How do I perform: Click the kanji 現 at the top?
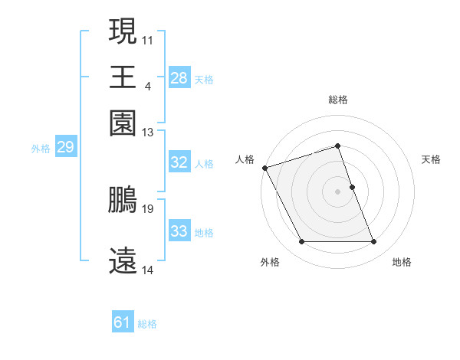(123, 33)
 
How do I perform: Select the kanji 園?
(123, 122)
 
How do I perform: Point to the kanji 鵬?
(123, 201)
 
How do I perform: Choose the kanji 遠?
(123, 261)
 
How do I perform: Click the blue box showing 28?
(179, 78)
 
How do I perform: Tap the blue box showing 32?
(179, 162)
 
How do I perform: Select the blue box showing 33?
(179, 231)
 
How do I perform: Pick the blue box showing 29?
(65, 148)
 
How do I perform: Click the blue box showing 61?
(123, 322)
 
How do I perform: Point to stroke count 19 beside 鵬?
(149, 208)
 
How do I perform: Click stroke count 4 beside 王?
(147, 84)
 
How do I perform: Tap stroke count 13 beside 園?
(148, 133)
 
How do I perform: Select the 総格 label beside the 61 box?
(147, 324)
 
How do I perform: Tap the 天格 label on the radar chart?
(431, 159)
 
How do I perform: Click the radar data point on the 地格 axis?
(374, 242)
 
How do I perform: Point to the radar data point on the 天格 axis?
(352, 187)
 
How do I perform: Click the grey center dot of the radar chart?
(338, 191)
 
